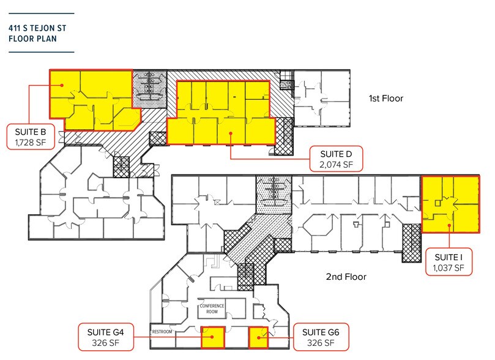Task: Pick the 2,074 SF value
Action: (x=336, y=164)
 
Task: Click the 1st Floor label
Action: (x=385, y=98)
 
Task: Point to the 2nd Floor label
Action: (x=346, y=277)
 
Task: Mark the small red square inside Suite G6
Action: (x=259, y=336)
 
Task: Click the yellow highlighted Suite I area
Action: (x=450, y=205)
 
